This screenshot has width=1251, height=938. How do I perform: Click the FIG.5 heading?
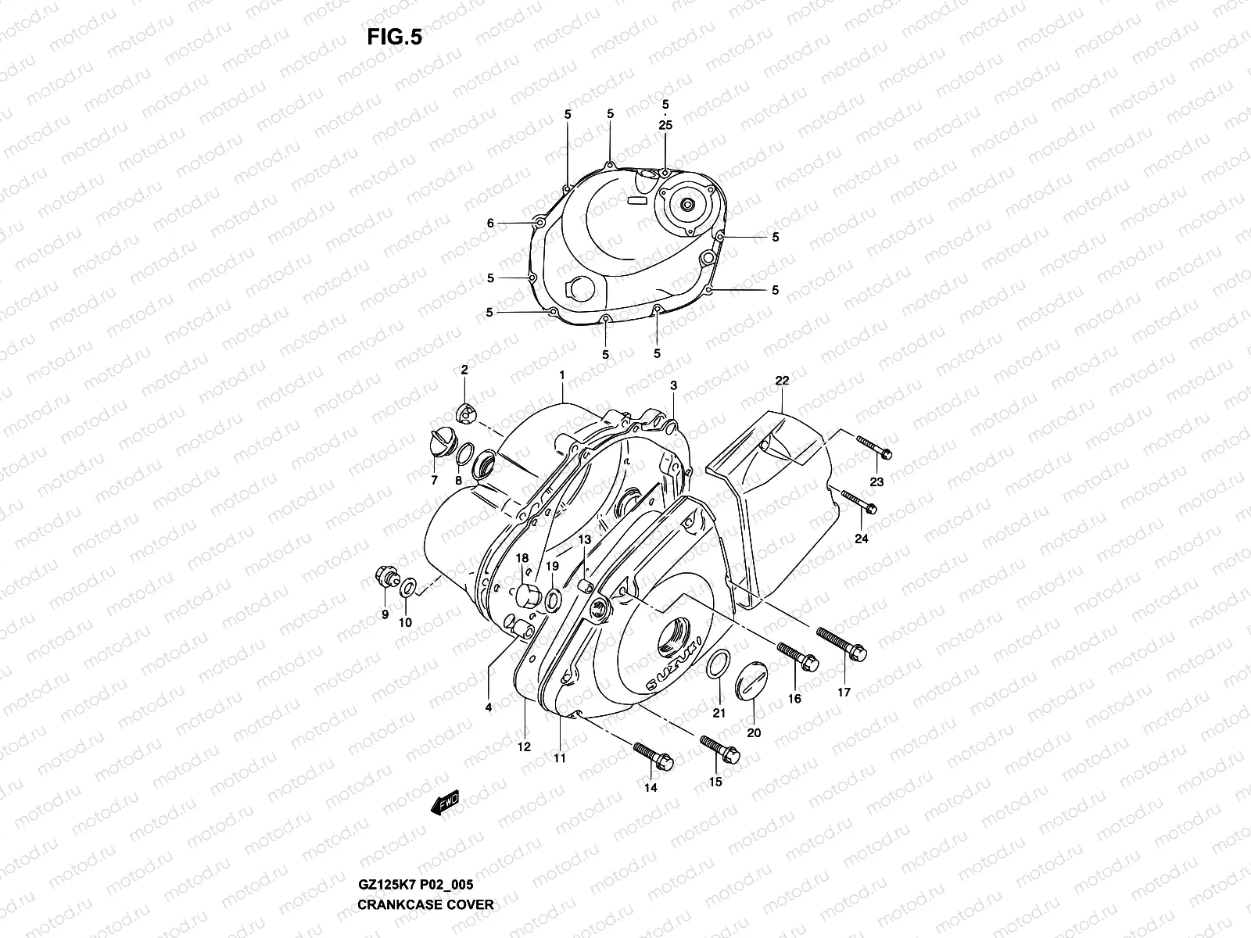(x=394, y=38)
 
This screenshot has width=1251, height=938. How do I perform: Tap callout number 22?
(x=782, y=381)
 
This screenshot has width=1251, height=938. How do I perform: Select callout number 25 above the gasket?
(x=665, y=125)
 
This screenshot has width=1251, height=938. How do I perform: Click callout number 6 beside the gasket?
(x=490, y=224)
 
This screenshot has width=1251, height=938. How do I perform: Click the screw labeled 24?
(x=857, y=502)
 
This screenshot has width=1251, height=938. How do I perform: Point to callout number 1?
(x=561, y=376)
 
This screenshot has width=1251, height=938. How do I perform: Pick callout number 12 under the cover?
(x=524, y=746)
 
